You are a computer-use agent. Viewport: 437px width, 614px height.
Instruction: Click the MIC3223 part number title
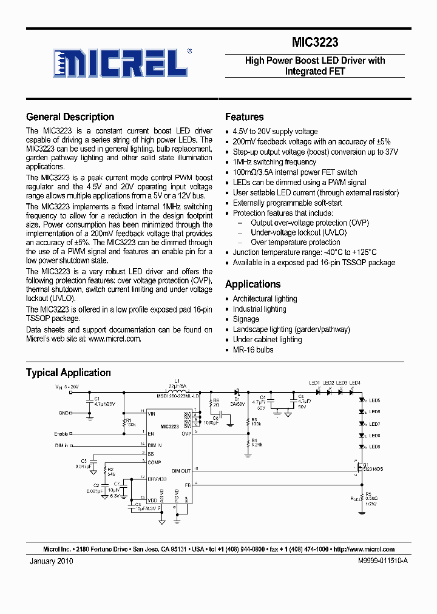click(x=315, y=42)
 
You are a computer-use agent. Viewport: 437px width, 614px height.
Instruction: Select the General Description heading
click(x=70, y=117)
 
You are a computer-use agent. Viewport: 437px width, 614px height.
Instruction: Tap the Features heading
click(x=244, y=117)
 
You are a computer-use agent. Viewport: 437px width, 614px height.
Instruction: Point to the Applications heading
click(x=252, y=284)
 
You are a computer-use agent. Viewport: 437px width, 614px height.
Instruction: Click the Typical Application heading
click(x=68, y=373)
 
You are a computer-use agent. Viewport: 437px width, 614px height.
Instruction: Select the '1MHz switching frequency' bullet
click(x=274, y=162)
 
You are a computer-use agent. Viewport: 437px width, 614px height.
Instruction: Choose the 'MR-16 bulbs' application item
click(x=253, y=349)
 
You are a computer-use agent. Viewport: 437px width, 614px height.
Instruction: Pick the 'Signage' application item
click(x=246, y=319)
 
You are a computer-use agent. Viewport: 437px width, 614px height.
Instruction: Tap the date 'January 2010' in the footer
click(x=52, y=562)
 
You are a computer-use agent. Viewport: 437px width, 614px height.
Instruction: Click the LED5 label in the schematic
click(x=391, y=400)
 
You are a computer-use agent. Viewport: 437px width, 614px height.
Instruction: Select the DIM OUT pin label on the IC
click(x=181, y=471)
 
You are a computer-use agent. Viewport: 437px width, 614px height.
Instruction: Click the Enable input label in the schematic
click(x=61, y=434)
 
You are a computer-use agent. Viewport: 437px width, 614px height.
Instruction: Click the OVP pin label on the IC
click(x=186, y=433)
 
